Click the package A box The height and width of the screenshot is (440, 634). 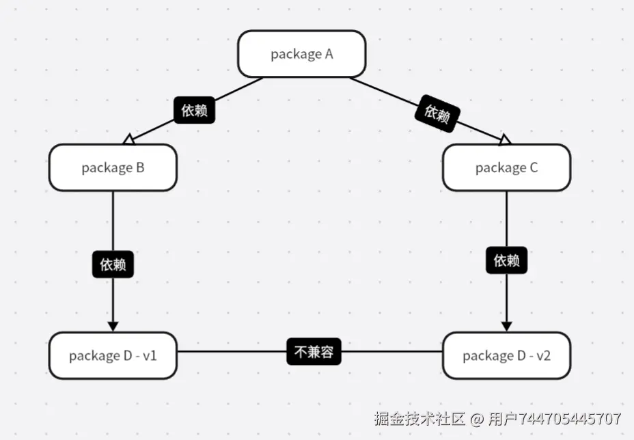click(x=301, y=54)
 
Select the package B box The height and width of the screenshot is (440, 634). click(x=113, y=167)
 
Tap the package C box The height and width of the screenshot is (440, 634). click(x=506, y=167)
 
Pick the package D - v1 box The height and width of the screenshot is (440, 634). click(x=113, y=355)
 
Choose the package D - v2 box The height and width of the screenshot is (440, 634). click(x=506, y=355)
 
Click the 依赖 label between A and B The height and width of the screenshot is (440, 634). click(x=195, y=110)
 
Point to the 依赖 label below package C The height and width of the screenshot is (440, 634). click(x=507, y=260)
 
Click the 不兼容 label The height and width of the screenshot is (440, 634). click(x=314, y=353)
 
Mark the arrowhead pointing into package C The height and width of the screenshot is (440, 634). click(x=504, y=140)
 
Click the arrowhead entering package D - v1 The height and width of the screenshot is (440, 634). click(x=113, y=325)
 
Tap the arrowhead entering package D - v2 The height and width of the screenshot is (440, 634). click(x=507, y=325)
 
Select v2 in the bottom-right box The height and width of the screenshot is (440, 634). click(x=544, y=355)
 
